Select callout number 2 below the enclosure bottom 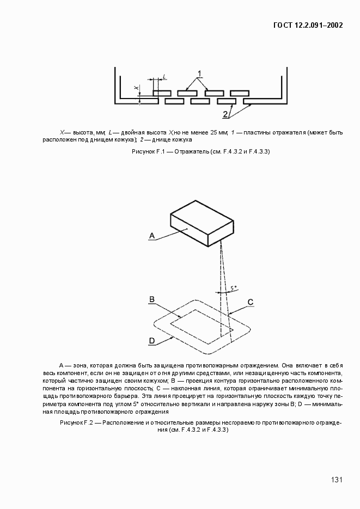pos(225,114)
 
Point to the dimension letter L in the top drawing pos(164,77)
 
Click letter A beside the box pos(153,235)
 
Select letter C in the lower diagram pos(250,302)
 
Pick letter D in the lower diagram pos(152,341)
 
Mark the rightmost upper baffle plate pos(240,93)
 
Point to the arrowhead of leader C pos(229,314)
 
